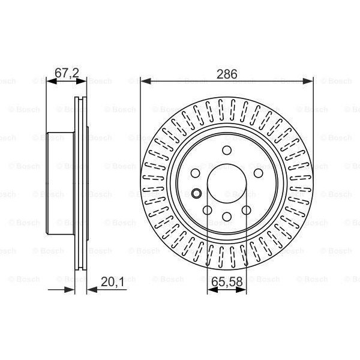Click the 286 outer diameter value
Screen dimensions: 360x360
pyautogui.click(x=227, y=74)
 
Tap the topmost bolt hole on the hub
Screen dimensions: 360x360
pyautogui.click(x=227, y=151)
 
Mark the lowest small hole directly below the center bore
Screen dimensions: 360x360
pyautogui.click(x=227, y=217)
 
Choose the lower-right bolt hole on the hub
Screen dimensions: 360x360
pyautogui.click(x=245, y=210)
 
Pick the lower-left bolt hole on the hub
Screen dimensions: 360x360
pyautogui.click(x=208, y=210)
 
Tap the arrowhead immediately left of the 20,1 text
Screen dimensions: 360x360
pyautogui.click(x=91, y=289)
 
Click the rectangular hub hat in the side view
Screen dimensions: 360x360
pyautogui.click(x=59, y=183)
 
